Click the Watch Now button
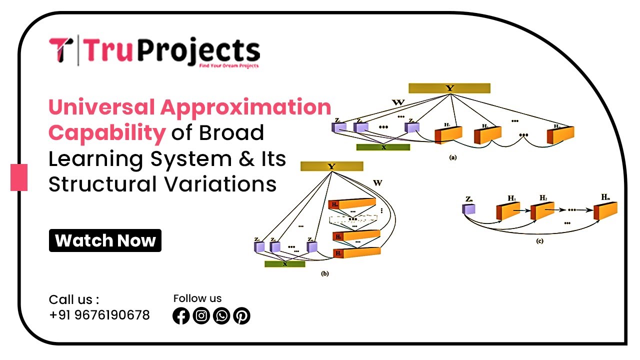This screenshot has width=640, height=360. click(x=105, y=240)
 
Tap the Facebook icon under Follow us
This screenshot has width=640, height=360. click(x=181, y=316)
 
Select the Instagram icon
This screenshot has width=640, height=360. click(x=201, y=316)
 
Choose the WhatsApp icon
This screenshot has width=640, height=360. click(x=221, y=316)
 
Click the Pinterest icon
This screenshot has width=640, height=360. click(x=241, y=316)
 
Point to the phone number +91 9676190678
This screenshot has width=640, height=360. click(x=99, y=315)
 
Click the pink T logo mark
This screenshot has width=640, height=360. click(x=61, y=50)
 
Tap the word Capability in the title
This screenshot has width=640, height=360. click(x=106, y=132)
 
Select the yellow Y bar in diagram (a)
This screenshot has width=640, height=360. click(x=449, y=88)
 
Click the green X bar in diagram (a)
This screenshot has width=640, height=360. click(x=383, y=147)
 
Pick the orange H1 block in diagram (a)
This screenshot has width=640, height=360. click(x=448, y=134)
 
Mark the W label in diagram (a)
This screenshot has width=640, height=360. click(x=398, y=103)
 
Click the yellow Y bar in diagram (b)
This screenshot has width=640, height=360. click(x=331, y=166)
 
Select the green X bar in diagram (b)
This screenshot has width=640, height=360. click(x=284, y=264)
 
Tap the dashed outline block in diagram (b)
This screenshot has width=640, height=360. click(x=352, y=219)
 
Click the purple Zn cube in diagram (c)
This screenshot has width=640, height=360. click(x=468, y=208)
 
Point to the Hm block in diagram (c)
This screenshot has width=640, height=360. click(x=605, y=210)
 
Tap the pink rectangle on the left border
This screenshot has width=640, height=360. click(x=19, y=177)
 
